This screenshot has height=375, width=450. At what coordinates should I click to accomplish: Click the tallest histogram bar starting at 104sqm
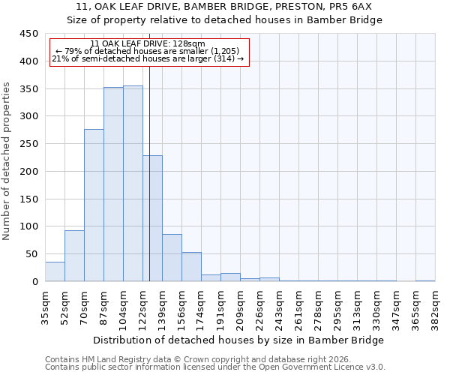pos(133,184)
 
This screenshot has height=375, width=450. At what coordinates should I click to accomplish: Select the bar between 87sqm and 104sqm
pos(113,184)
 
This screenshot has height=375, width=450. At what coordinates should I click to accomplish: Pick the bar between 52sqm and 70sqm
pos(74,256)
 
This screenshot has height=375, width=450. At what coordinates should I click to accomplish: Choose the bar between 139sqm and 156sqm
pos(172,258)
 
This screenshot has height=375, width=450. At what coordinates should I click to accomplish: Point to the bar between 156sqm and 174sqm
pos(191,267)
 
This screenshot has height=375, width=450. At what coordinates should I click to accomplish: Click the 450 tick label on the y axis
pos(28,34)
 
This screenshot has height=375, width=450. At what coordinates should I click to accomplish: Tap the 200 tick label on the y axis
pos(28,172)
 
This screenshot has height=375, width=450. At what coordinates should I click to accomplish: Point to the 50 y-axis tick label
pos(31,254)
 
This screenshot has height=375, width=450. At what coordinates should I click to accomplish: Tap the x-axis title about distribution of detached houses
pos(240,340)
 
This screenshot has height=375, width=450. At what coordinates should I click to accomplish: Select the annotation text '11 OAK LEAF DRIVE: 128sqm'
pos(147,44)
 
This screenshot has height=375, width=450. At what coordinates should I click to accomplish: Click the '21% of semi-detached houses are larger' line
pos(148,59)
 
